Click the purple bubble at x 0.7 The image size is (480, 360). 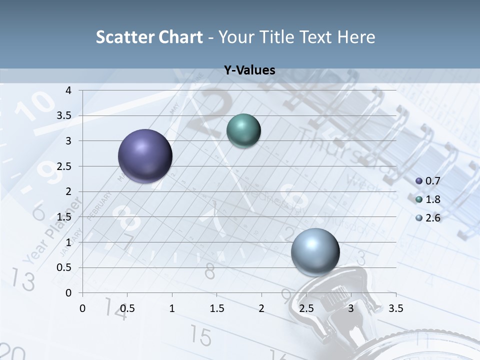pos(145,156)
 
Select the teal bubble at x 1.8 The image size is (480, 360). pos(243,131)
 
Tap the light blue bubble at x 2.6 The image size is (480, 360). pos(315,252)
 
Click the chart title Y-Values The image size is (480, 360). pos(249,70)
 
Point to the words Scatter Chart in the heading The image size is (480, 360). pos(149,37)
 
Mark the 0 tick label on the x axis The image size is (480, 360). pos(83,308)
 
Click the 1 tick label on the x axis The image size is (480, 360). pos(172,308)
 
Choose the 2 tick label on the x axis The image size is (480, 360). pos(261,308)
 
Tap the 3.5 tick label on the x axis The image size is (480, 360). pos(395,308)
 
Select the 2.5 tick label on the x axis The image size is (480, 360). pos(306,308)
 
